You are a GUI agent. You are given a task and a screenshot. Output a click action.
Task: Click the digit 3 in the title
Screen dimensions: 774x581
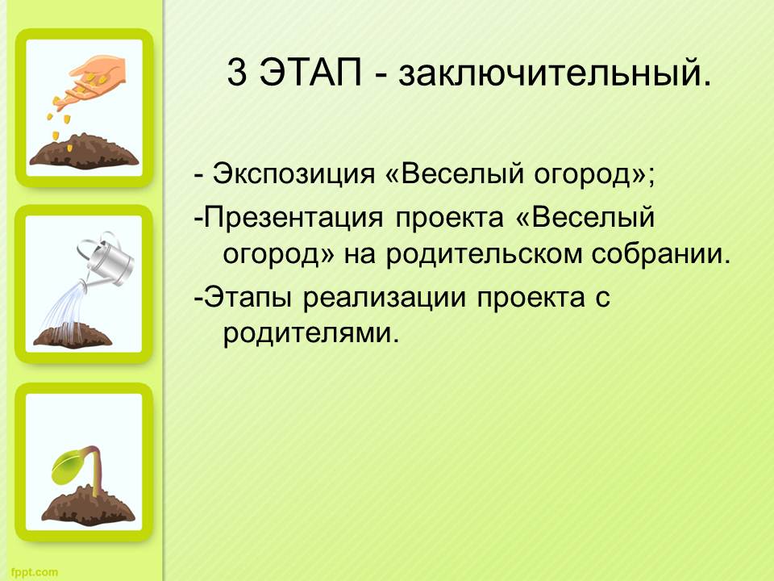point(237,72)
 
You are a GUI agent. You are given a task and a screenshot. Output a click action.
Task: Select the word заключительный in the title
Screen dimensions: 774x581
point(556,74)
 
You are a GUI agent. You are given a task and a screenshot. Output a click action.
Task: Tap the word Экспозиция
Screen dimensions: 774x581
point(293,175)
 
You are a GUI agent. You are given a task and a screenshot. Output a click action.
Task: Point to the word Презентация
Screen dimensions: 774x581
point(293,218)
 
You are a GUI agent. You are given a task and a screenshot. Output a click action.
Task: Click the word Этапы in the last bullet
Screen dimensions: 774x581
point(248,297)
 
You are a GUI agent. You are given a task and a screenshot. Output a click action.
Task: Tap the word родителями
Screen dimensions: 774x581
point(310,333)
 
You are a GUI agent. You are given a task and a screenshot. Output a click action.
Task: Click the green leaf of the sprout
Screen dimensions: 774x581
point(71,468)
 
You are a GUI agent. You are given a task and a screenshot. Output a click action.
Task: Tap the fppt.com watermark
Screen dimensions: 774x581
point(34,573)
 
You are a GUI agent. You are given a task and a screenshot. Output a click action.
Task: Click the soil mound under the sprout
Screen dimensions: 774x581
point(88,506)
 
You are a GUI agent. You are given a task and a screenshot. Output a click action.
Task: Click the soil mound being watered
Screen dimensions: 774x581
point(73,336)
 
